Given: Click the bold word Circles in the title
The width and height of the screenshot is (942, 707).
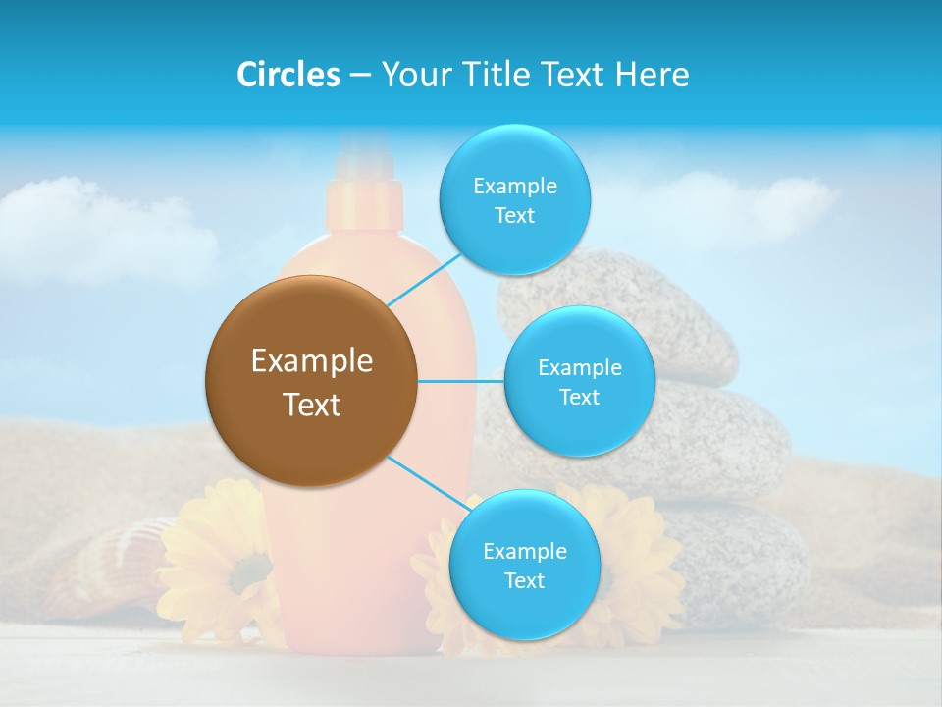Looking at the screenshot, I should (x=288, y=75).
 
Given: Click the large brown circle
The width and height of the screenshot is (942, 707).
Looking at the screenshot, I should (x=311, y=381).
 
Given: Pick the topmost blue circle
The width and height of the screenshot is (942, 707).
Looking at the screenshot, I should (x=514, y=200).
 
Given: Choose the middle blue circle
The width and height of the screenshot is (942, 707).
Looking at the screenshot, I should (x=579, y=381).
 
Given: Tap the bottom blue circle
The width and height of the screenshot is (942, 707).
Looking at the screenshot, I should (x=524, y=565).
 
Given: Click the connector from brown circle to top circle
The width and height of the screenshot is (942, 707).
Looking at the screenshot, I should (x=424, y=279).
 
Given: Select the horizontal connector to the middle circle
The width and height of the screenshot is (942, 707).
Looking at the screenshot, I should (x=460, y=381).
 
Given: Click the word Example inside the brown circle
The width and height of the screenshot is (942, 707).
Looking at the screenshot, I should (x=311, y=360).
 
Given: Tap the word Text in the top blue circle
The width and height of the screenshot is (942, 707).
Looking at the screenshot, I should (x=514, y=216).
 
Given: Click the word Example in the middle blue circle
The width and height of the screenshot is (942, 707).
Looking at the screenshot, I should (x=579, y=367).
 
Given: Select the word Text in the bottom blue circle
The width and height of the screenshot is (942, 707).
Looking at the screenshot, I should (x=524, y=580).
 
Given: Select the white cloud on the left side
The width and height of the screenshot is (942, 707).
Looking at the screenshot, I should (x=108, y=231).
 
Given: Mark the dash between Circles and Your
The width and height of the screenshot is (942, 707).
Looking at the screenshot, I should (x=359, y=76).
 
